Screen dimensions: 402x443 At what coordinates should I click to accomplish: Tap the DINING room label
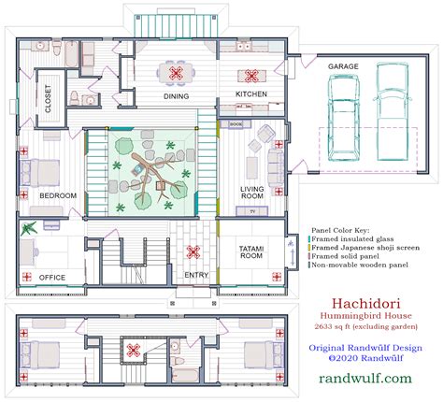coord(175,96)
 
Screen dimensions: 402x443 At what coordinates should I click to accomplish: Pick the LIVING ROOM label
coord(252,192)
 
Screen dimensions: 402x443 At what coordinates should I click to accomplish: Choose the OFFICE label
coord(52,276)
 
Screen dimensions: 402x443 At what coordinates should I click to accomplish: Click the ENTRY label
coord(196,275)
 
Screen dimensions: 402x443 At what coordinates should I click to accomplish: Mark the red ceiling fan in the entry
coord(194,251)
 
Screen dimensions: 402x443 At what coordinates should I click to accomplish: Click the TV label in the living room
coord(251,211)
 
